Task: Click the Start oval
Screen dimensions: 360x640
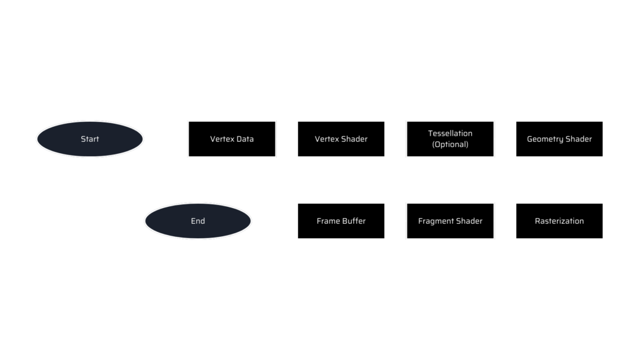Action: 90,139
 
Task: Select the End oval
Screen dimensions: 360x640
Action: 197,221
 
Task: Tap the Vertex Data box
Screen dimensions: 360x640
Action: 232,139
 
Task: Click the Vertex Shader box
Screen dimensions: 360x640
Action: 341,139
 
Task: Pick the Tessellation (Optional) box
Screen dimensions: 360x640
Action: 450,139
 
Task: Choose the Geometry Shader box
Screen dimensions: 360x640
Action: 559,139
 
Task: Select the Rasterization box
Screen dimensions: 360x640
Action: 559,221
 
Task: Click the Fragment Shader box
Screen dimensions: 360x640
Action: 450,221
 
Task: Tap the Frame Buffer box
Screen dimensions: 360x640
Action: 341,221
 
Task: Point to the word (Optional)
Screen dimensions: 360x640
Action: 450,144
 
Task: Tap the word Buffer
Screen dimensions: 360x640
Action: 354,221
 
